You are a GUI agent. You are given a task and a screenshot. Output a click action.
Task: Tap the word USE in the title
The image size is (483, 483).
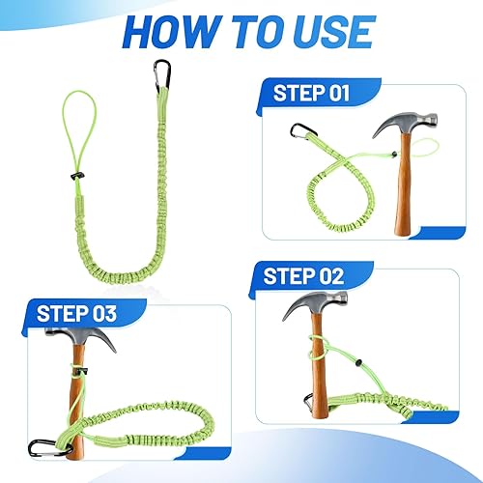point(330,32)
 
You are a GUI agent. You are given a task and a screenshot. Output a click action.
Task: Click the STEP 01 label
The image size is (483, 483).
point(311,93)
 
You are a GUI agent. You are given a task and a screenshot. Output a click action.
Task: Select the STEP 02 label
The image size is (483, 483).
point(303,276)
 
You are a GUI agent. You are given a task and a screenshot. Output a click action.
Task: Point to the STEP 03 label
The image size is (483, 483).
point(76,313)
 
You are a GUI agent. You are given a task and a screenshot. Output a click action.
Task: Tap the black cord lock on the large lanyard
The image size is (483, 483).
point(77,176)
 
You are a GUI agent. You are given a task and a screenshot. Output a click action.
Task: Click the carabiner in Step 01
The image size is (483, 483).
point(303,130)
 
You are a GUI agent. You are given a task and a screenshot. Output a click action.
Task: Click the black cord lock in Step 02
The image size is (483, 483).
point(357,363)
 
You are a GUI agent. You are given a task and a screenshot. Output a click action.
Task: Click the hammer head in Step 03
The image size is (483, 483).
point(80,338)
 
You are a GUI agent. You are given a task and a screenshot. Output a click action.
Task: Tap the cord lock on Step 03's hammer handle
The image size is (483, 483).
point(82,372)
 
